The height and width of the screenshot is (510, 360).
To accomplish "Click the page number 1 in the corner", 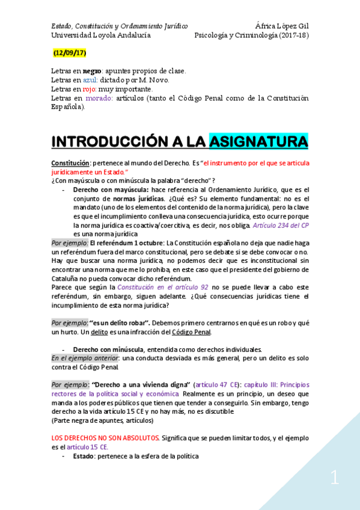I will (334, 479).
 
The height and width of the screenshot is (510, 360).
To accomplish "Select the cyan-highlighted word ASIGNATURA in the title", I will (258, 142).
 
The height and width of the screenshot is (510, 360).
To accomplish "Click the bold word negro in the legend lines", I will (93, 70).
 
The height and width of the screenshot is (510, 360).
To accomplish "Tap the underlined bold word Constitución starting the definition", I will (70, 163).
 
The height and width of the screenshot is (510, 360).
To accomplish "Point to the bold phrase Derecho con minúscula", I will (108, 349).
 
